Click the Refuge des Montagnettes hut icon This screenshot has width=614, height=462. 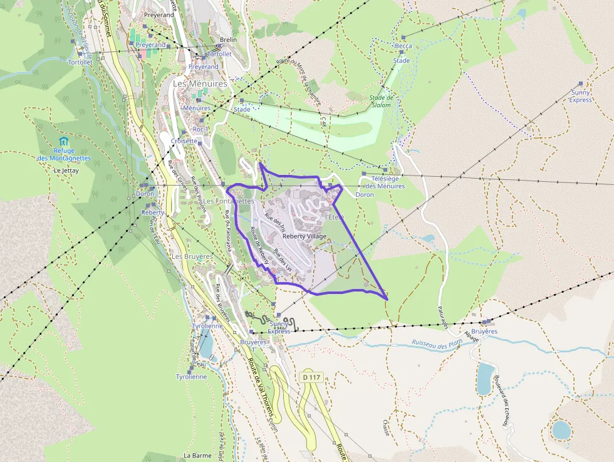pos(63,141)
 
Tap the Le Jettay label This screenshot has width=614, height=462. pos(65,170)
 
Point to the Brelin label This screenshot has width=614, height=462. pos(229,39)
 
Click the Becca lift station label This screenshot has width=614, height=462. pos(403,46)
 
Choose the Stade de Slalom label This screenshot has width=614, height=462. pos(381,101)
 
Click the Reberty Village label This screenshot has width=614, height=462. pos(304,236)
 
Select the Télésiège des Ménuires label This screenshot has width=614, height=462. pos(385,182)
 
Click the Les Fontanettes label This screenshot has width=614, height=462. pos(229,201)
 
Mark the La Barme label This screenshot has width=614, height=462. pos(197,455)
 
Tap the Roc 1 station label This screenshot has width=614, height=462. pos(200,129)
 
